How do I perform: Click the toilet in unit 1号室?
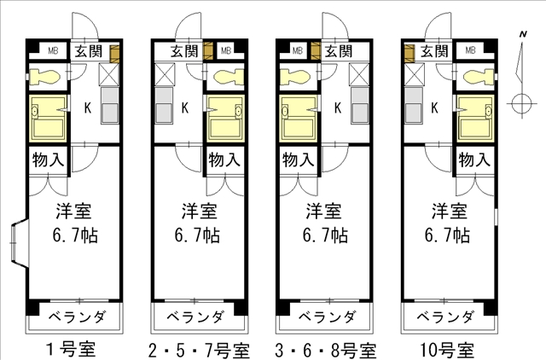44,77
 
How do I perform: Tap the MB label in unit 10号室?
470,50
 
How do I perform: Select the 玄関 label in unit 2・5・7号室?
184,51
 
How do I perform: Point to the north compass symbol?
522,77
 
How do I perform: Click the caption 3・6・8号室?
325,350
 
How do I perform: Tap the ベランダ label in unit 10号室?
445,316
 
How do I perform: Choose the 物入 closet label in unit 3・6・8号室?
299,160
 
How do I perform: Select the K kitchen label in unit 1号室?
88,107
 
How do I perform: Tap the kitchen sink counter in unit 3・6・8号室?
360,106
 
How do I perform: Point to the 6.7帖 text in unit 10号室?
447,235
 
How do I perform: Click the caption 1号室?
71,350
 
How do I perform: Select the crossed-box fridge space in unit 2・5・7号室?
165,74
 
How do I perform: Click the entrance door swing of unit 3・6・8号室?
335,25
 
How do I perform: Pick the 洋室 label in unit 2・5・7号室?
199,212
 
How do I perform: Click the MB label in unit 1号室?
53,50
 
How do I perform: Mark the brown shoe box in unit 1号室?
115,54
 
